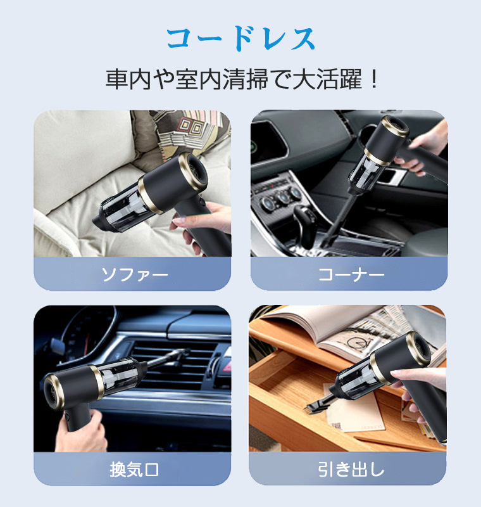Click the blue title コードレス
[x=240, y=39]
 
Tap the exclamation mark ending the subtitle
[x=373, y=80]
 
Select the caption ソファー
[x=132, y=274]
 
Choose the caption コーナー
[x=349, y=274]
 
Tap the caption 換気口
[x=132, y=470]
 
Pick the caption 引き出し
[x=349, y=470]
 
